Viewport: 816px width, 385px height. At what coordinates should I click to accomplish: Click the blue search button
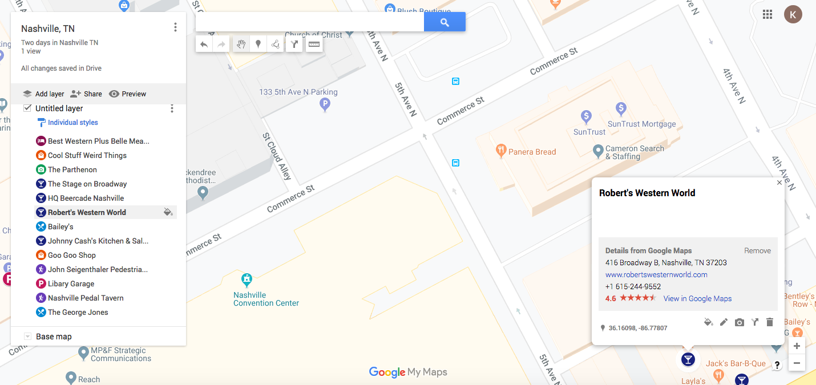tap(445, 22)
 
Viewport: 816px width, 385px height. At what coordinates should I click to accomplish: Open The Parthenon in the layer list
tap(72, 169)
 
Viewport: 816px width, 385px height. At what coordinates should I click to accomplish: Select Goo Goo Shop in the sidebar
tap(71, 255)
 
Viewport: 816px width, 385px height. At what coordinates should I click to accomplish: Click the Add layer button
tap(43, 94)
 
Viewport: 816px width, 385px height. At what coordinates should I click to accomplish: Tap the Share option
tap(86, 94)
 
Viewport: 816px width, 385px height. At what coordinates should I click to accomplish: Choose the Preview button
tap(127, 94)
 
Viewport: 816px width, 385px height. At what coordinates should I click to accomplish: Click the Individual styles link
tap(72, 123)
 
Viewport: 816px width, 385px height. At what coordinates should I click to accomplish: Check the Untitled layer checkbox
tap(27, 108)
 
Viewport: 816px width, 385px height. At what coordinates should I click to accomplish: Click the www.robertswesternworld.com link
tap(656, 274)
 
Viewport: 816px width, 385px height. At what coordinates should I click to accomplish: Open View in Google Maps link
tap(697, 298)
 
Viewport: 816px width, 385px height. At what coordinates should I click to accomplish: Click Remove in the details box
tap(757, 250)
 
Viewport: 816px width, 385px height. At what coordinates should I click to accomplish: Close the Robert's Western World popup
tap(779, 183)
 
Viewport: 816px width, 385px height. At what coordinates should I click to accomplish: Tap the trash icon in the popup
tap(769, 322)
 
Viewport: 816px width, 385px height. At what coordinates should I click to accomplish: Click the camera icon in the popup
tap(740, 322)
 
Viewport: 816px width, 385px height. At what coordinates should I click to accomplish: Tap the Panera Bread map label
tap(532, 152)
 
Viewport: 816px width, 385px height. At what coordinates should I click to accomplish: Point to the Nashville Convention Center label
tap(266, 299)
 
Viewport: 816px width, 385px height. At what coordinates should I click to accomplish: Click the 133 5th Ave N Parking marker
tap(325, 104)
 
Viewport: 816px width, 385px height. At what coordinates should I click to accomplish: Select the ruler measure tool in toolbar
tap(314, 44)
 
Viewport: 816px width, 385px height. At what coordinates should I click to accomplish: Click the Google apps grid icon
tap(767, 15)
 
